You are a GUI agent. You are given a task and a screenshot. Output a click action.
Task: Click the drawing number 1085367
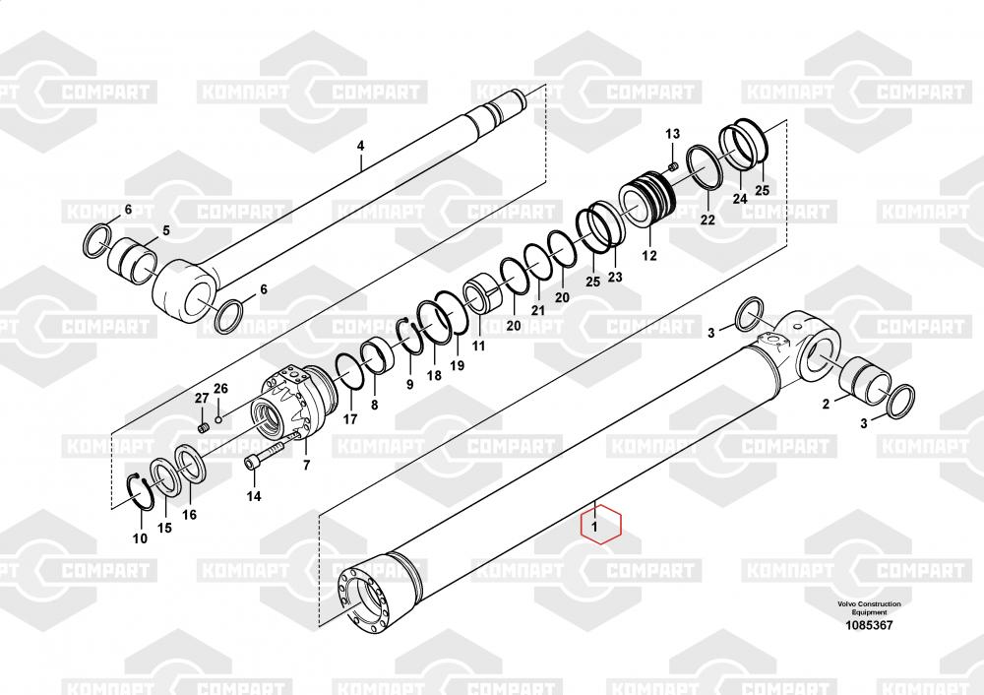[x=869, y=625]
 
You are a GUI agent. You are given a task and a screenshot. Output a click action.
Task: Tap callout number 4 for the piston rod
[x=360, y=146]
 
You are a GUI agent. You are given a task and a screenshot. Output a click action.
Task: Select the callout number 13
[x=672, y=134]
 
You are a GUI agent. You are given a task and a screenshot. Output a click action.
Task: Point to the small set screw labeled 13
[x=673, y=165]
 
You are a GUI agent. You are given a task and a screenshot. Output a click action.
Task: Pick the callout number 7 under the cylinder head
[x=306, y=466]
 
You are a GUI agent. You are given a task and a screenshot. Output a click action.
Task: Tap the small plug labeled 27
[x=203, y=428]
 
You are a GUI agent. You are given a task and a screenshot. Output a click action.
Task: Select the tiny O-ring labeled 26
[x=217, y=418]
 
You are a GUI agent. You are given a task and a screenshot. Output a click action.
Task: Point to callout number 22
[x=707, y=220]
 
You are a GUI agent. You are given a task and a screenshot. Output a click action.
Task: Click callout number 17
[x=349, y=418]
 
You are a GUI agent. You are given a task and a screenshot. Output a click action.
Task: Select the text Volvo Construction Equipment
[x=869, y=607]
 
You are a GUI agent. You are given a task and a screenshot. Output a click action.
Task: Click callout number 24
[x=740, y=199]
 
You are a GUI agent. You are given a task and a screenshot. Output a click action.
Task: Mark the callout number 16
[x=189, y=515]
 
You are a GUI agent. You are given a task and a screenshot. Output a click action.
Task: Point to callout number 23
[x=615, y=277]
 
